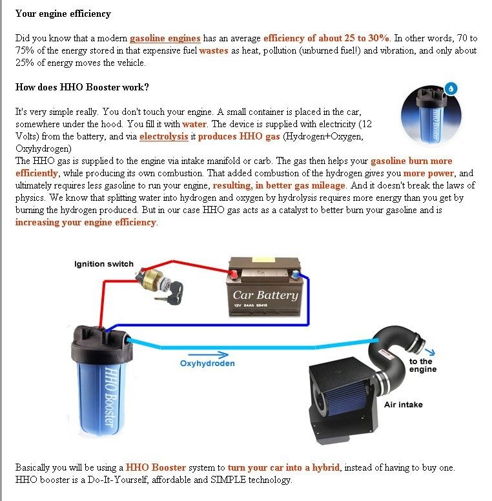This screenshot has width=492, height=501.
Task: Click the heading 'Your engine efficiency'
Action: [x=63, y=14]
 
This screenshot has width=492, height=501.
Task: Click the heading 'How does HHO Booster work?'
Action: [x=82, y=87]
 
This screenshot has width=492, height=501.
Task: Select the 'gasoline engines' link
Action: [x=165, y=38]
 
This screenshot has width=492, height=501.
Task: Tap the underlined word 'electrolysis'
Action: [x=163, y=136]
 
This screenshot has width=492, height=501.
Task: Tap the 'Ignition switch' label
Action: [x=104, y=263]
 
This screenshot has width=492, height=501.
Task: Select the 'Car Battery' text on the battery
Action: [x=265, y=295]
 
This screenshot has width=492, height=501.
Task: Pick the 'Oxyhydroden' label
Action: [x=207, y=363]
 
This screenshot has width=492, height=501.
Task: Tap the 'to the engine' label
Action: [x=423, y=365]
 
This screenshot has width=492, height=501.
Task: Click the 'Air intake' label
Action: [x=404, y=404]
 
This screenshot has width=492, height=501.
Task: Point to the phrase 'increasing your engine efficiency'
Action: [x=86, y=222]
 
